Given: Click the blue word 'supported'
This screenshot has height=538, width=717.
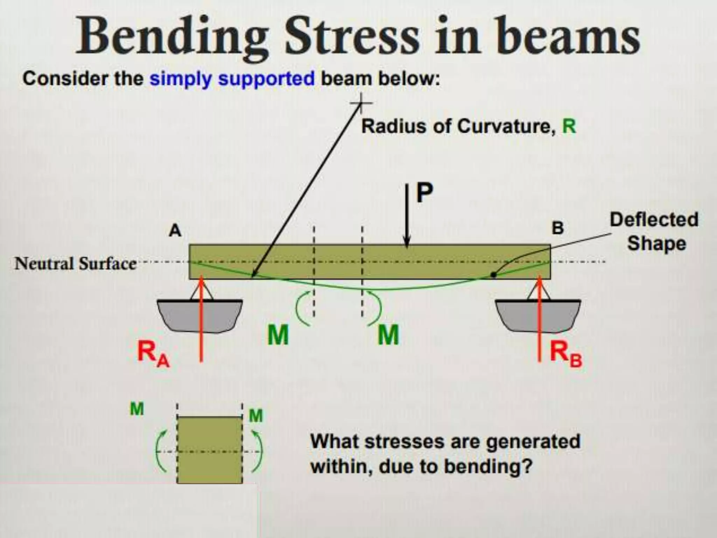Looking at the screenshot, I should (266, 79).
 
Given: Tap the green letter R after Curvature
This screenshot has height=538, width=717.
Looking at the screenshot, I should (569, 126).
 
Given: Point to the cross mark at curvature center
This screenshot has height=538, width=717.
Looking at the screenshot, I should (361, 103).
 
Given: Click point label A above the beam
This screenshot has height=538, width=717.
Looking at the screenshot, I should (175, 231).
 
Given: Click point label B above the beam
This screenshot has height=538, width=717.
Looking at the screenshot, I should (558, 228).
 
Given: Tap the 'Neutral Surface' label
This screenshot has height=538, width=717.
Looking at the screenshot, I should (75, 264).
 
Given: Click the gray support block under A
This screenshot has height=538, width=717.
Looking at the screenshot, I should (200, 315).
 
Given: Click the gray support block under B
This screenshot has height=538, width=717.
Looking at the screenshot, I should (538, 315).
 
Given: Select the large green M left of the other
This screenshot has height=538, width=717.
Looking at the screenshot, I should (278, 335).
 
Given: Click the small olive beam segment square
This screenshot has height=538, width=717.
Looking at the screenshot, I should (209, 450).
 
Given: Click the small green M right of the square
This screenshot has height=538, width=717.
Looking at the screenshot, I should (256, 416).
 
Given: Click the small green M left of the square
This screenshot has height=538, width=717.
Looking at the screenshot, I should (137, 409).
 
